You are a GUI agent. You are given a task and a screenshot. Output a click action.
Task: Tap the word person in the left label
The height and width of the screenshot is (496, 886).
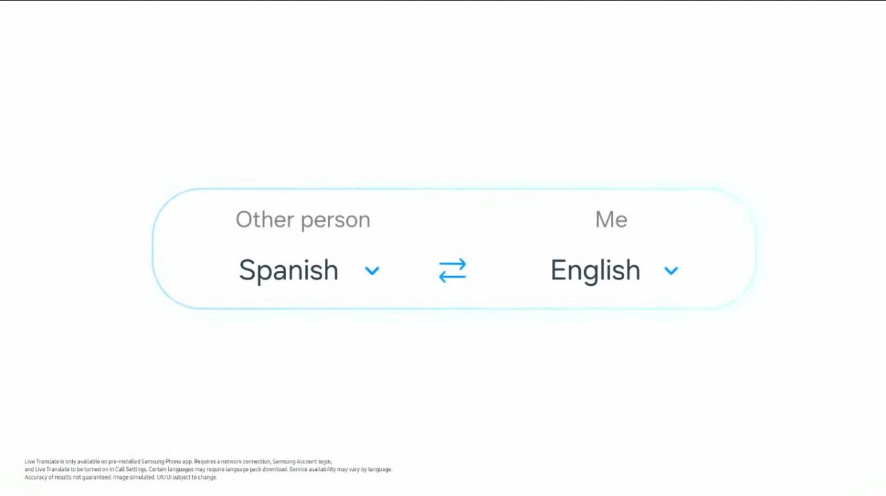(335, 221)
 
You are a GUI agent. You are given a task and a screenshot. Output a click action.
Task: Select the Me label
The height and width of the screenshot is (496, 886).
(611, 220)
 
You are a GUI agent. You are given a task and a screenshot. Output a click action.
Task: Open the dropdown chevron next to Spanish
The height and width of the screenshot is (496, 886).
(372, 271)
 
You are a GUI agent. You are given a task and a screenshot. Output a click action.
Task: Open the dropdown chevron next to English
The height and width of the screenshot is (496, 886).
(671, 271)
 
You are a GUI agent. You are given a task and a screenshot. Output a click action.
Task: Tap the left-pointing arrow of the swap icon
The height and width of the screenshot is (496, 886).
(452, 278)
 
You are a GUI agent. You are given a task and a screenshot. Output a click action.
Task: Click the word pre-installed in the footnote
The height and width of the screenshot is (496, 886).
(124, 462)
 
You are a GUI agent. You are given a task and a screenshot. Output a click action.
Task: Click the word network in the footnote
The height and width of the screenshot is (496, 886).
(231, 462)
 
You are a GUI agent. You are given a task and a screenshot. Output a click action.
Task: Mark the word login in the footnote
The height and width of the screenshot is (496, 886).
(325, 462)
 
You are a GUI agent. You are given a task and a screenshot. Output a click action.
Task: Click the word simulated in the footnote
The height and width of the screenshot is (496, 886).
(142, 478)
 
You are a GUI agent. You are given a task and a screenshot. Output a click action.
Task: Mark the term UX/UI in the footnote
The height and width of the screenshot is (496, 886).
(164, 478)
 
